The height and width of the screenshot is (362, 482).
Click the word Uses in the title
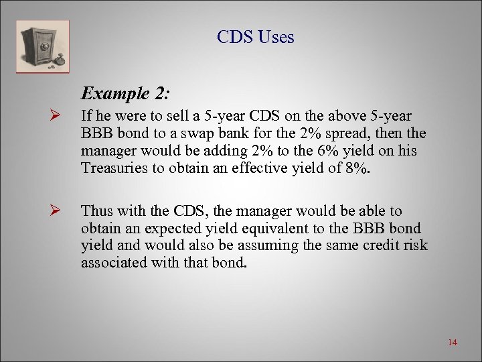[x=274, y=38]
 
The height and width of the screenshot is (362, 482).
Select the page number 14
[x=452, y=343]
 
